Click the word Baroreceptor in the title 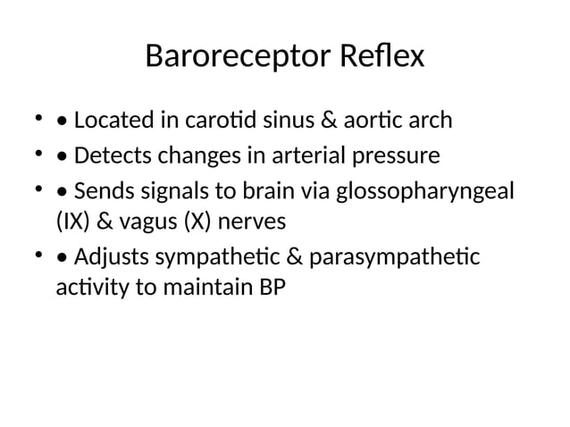click(x=238, y=58)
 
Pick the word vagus click(x=143, y=222)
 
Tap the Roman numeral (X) click(x=198, y=221)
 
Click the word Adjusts click(x=113, y=259)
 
